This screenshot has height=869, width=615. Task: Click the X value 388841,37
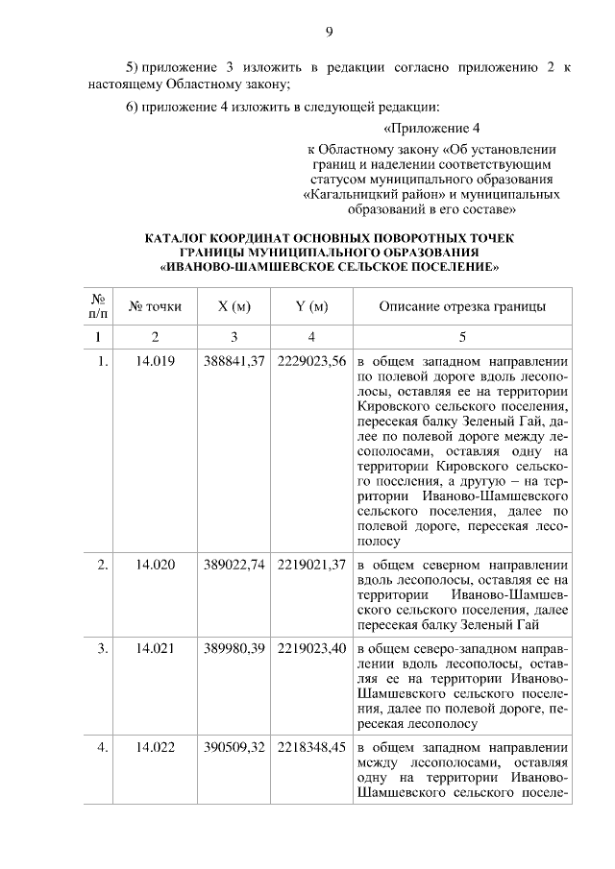pos(234,363)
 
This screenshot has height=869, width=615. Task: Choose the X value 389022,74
pos(234,565)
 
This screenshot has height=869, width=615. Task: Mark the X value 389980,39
pos(234,649)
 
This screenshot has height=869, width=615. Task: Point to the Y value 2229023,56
pos(311,363)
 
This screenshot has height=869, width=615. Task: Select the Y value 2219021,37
pos(311,565)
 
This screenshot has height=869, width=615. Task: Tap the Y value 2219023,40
pos(311,649)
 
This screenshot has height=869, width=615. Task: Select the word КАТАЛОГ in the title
pos(180,237)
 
